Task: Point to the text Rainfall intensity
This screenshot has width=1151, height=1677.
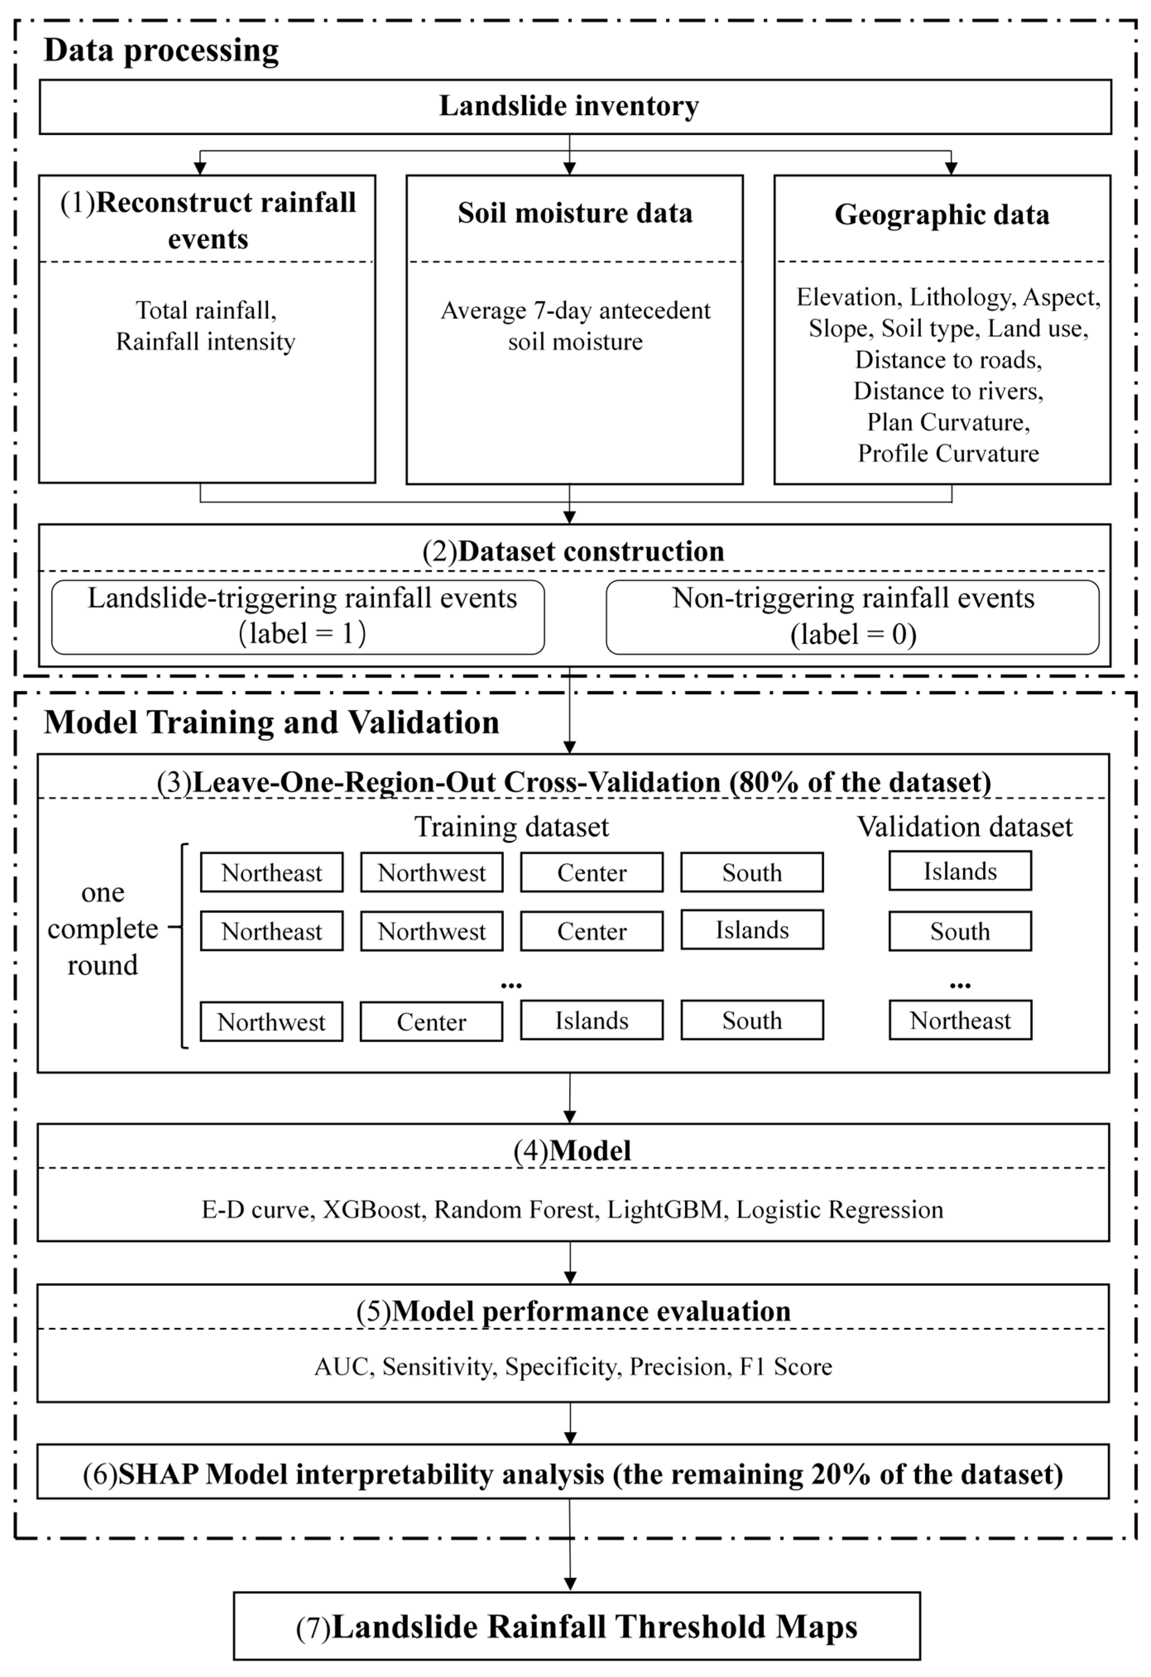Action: [206, 341]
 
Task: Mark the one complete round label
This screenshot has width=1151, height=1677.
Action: [103, 928]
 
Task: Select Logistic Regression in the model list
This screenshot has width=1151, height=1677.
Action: [839, 1209]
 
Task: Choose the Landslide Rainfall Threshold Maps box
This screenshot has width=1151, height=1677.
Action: [577, 1627]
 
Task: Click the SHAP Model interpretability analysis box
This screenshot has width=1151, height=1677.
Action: [573, 1474]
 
